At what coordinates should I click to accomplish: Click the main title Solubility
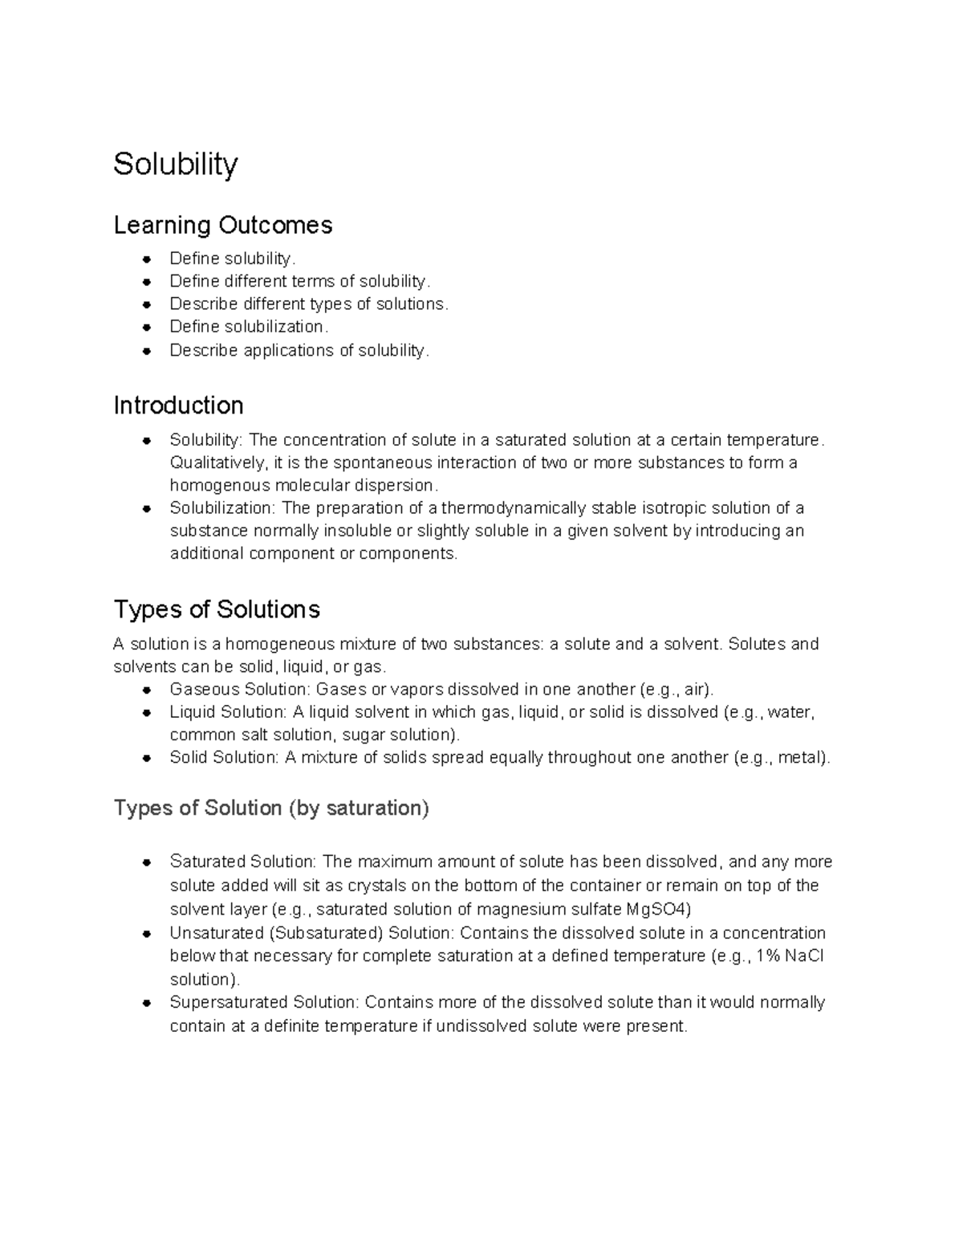(175, 165)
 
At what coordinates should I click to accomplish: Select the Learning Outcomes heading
(222, 225)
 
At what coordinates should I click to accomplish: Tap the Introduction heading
(178, 405)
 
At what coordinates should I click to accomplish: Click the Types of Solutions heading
(217, 609)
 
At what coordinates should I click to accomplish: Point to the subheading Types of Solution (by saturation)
(271, 808)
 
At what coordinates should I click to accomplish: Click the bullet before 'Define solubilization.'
(147, 328)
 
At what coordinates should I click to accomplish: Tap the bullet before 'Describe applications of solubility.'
(147, 351)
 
